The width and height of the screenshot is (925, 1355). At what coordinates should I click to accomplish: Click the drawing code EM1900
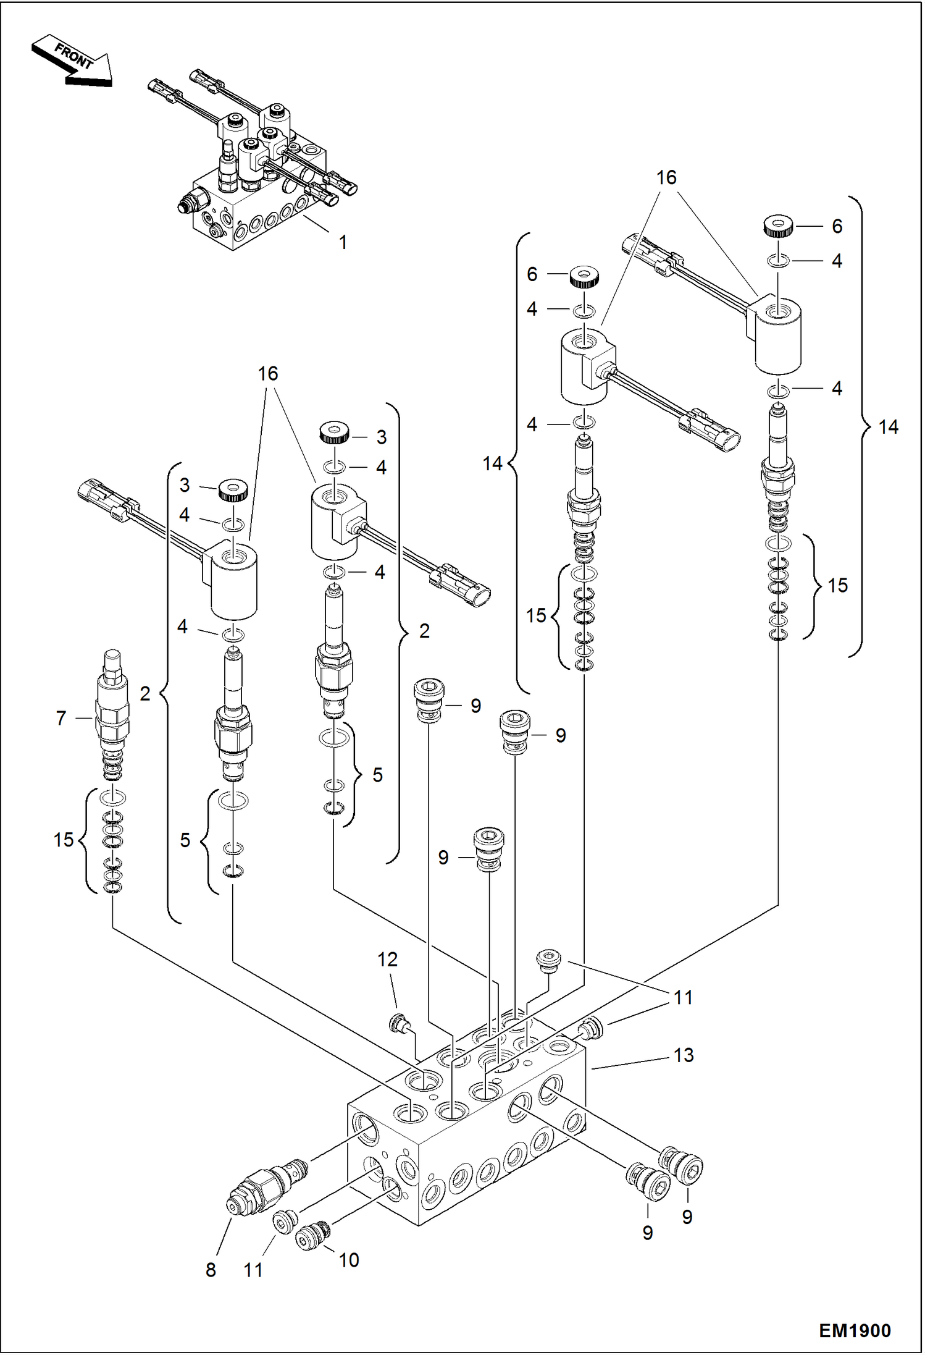coord(855,1330)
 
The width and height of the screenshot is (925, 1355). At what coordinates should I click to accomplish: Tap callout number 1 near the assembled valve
coord(343,242)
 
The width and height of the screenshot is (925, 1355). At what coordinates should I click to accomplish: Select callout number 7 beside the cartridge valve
coord(61,718)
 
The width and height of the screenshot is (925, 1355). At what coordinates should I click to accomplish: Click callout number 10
coord(349,1259)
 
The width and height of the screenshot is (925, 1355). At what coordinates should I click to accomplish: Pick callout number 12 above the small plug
coord(387,960)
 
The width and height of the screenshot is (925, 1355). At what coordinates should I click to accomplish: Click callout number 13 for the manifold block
coord(684,1055)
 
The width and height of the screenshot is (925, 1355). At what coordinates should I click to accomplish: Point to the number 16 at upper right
coord(666,178)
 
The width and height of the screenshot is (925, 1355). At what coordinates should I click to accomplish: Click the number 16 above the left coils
coord(268,373)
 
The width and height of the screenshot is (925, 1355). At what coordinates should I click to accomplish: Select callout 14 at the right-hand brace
coord(888,426)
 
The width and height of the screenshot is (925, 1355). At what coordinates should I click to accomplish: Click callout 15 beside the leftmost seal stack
coord(64,840)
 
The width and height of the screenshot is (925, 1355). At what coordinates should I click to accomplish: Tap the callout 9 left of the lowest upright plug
coord(443,857)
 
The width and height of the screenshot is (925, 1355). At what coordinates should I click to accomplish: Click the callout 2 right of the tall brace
coord(424,631)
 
